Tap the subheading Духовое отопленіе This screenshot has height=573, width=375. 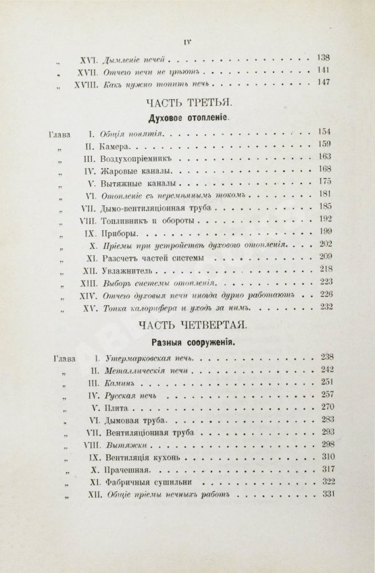pos(192,116)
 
